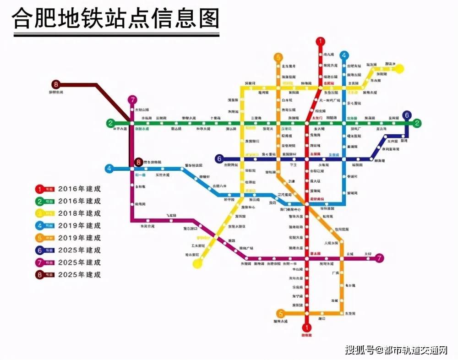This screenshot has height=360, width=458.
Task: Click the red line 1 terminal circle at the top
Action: (320, 42)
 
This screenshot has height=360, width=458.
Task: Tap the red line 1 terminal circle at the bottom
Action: (307, 327)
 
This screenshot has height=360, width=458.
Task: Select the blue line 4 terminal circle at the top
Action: (343, 55)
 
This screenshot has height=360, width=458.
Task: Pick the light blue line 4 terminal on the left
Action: (109, 169)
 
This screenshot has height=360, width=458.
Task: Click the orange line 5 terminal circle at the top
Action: (278, 57)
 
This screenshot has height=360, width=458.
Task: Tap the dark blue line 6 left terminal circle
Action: (219, 159)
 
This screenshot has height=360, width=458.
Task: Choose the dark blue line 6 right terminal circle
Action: (406, 115)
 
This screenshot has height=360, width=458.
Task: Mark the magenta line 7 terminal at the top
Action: (132, 100)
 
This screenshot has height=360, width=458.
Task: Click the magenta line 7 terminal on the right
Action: (379, 258)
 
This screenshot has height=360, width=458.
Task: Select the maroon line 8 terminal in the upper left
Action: (56, 84)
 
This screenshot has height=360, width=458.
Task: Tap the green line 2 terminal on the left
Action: (110, 123)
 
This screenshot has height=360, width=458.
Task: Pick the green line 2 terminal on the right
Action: (417, 123)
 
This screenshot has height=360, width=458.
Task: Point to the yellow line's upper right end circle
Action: (400, 69)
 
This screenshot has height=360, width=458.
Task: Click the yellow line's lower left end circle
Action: (198, 263)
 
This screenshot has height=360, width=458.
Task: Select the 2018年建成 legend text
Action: (79, 213)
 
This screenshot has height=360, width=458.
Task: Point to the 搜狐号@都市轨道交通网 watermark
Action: (397, 350)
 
